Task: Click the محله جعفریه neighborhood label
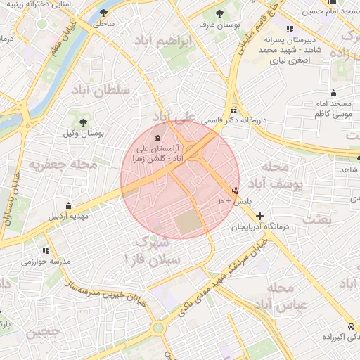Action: point(63,165)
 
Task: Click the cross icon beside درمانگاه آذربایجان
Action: point(260,216)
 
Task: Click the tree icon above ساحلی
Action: point(104,13)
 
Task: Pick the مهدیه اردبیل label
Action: point(67,216)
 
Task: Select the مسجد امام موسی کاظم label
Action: point(333,108)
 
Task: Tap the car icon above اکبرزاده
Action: point(351,327)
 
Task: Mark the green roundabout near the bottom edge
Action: point(158,328)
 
